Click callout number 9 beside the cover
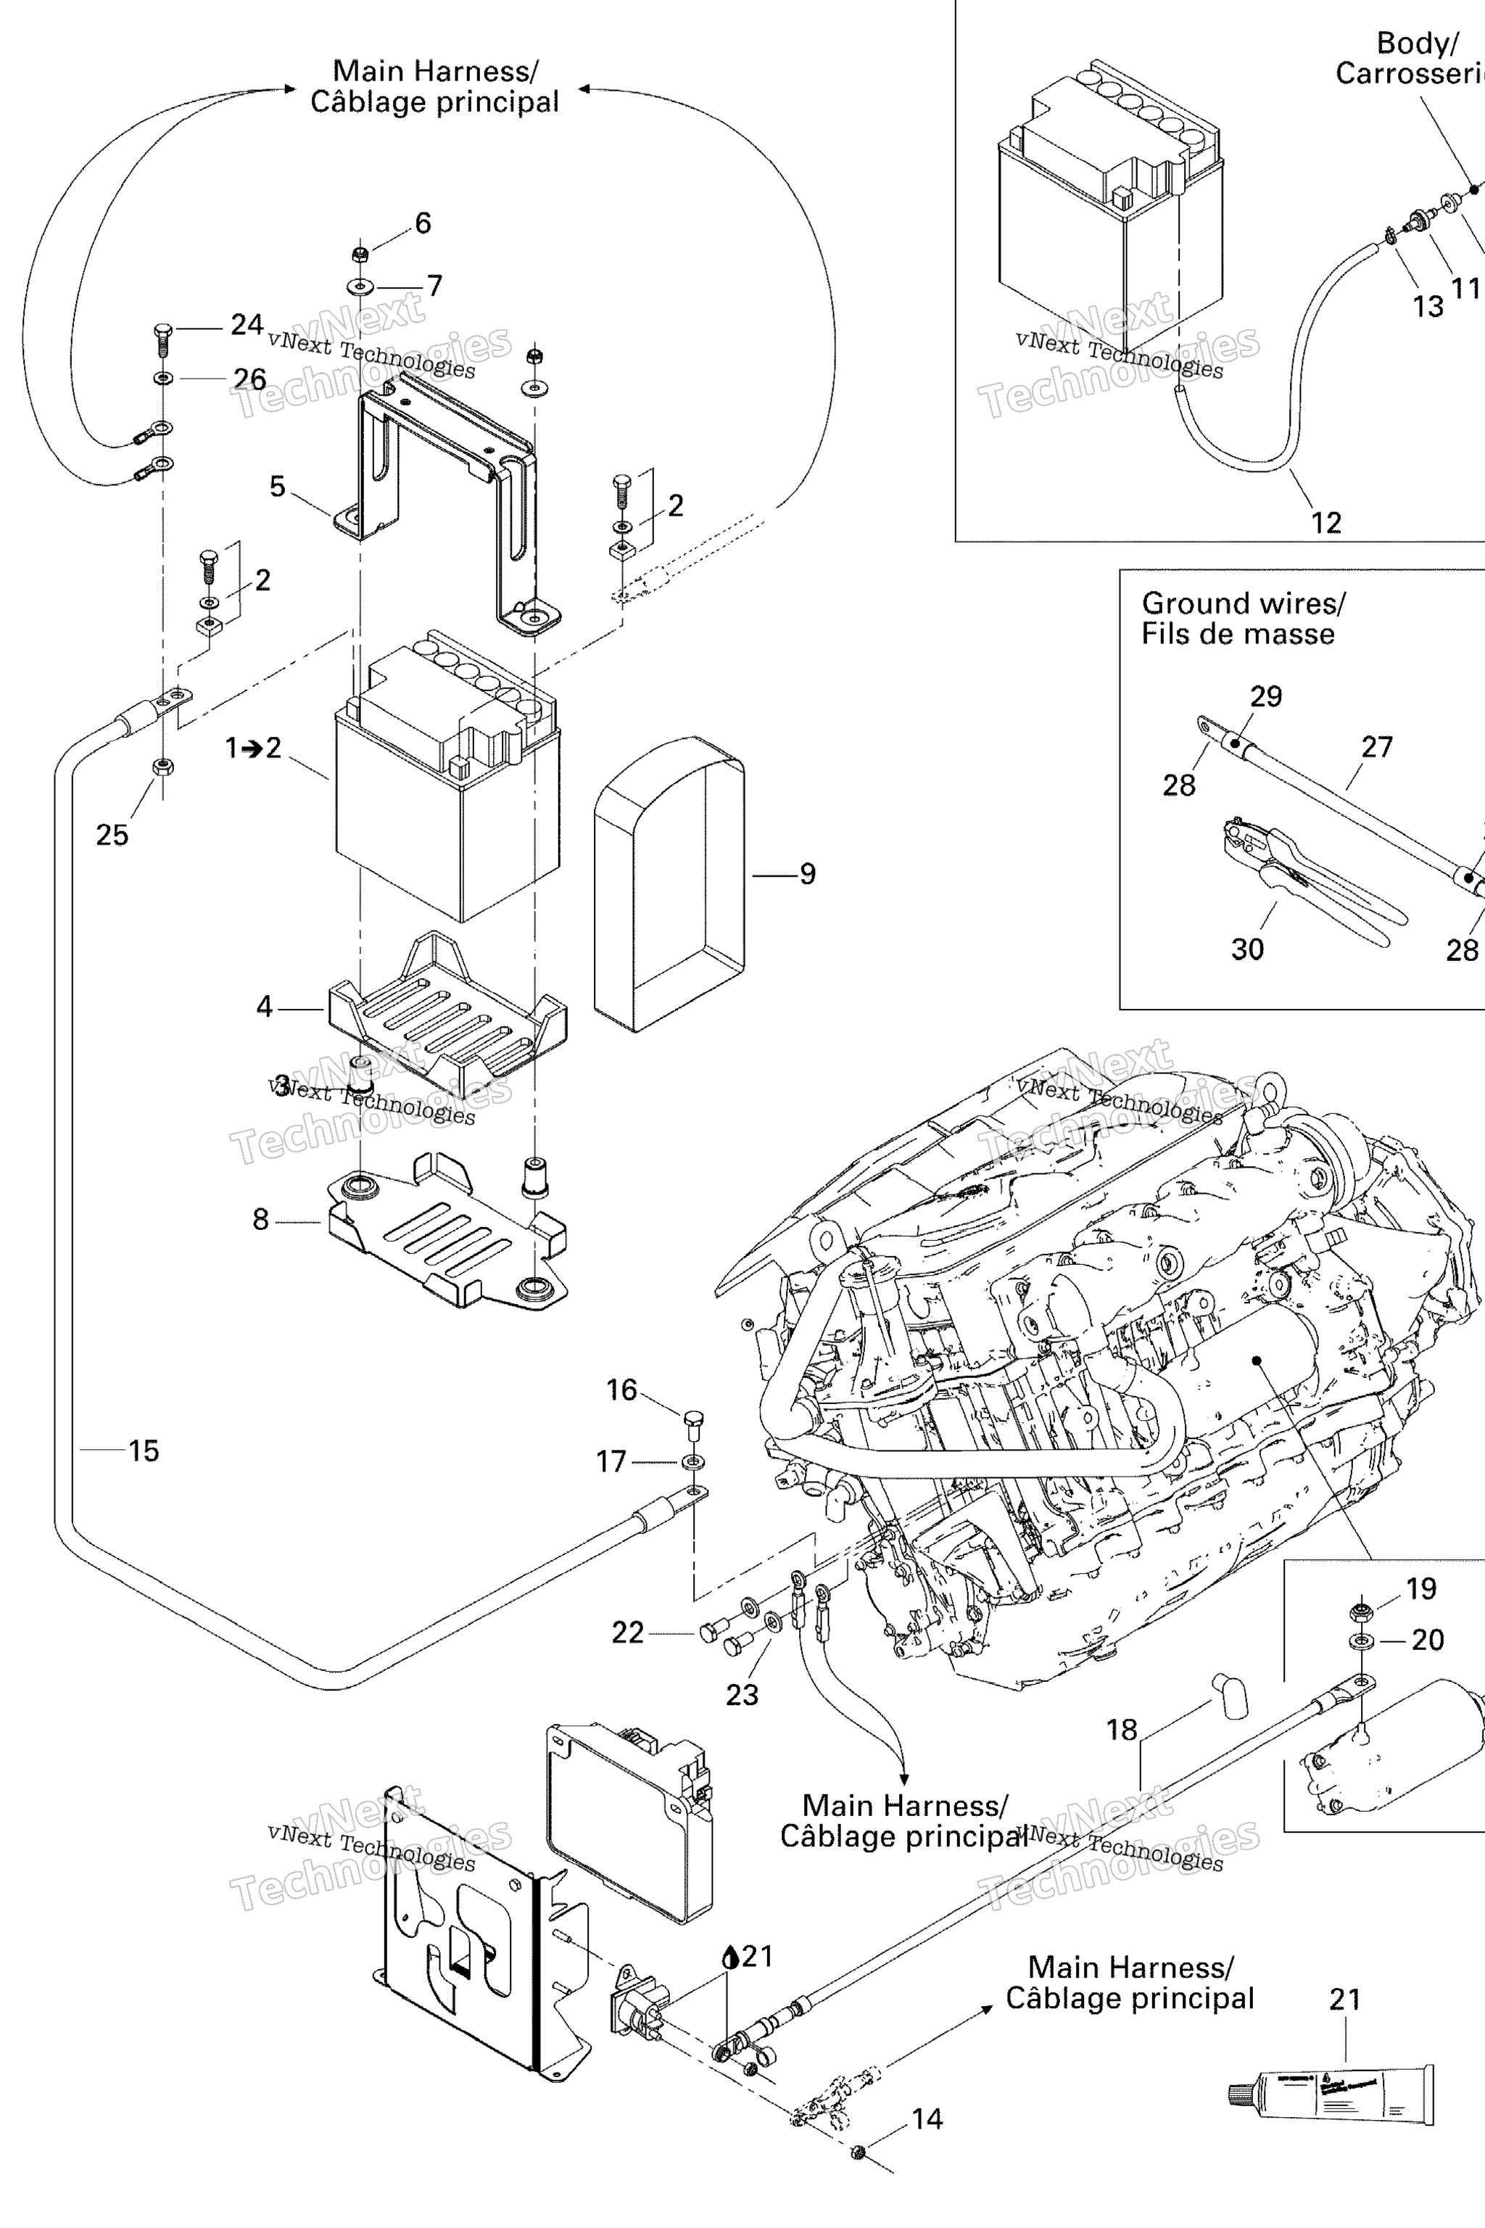pyautogui.click(x=807, y=873)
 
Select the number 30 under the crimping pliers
pyautogui.click(x=1247, y=949)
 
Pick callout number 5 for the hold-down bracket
pyautogui.click(x=276, y=486)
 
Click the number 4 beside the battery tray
pyautogui.click(x=264, y=1006)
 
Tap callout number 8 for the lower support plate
pyautogui.click(x=260, y=1219)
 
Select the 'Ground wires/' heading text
pyautogui.click(x=1243, y=603)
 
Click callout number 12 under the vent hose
pyautogui.click(x=1326, y=523)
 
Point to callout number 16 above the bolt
pyautogui.click(x=621, y=1390)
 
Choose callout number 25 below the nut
pyautogui.click(x=112, y=835)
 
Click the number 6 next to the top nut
pyautogui.click(x=423, y=223)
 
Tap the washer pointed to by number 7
pyautogui.click(x=360, y=285)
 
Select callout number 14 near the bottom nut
pyautogui.click(x=927, y=2119)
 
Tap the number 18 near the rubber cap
pyautogui.click(x=1121, y=1730)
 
